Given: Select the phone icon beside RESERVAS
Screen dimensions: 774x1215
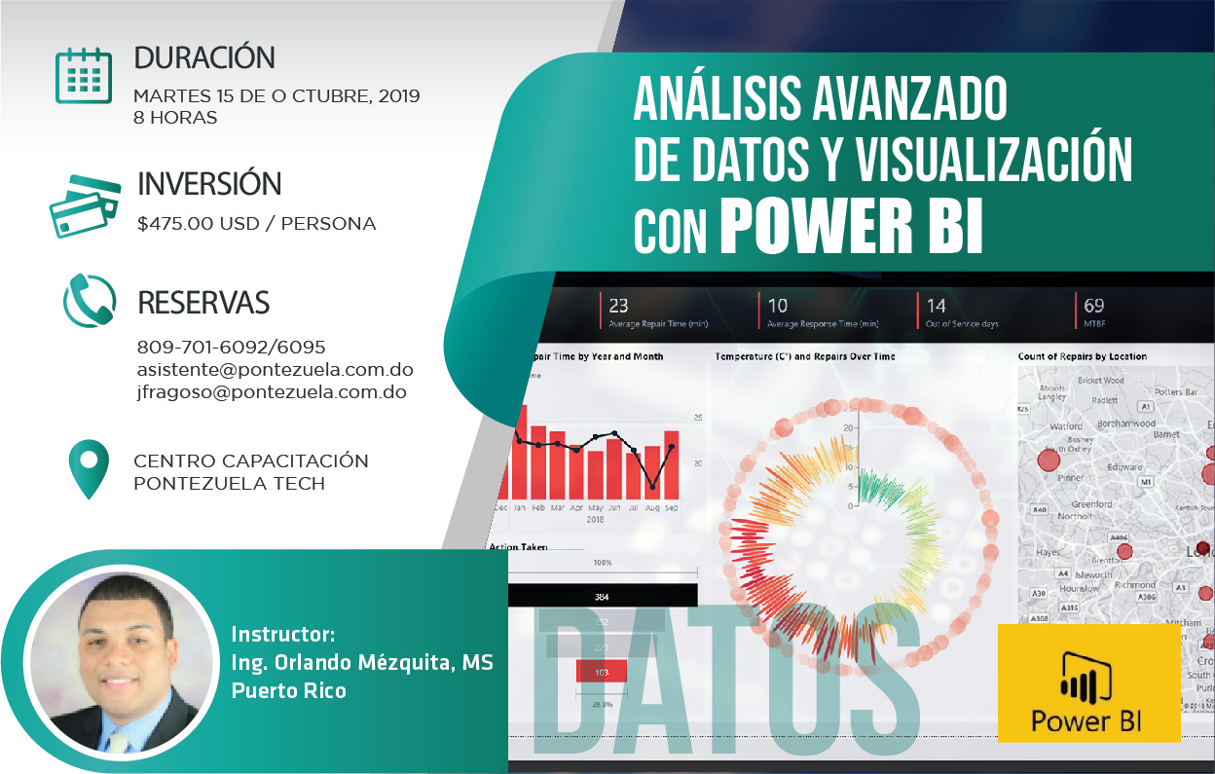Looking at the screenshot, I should [x=90, y=301].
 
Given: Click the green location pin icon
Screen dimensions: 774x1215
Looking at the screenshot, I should [x=90, y=469].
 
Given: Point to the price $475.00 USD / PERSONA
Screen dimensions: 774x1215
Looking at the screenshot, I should [x=257, y=224].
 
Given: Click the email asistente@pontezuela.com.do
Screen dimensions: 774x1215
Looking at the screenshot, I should [x=276, y=370].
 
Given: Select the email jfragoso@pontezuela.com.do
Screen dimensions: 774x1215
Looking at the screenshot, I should [x=272, y=392].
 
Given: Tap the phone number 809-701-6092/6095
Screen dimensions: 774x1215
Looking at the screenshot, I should [x=232, y=348].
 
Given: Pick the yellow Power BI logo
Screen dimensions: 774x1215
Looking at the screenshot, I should [x=1087, y=683].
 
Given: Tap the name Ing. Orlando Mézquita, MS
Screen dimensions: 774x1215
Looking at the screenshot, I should [x=362, y=663].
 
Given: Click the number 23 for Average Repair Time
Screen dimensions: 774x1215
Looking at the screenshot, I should [x=618, y=306].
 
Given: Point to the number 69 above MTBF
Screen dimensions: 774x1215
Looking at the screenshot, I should [x=1094, y=306].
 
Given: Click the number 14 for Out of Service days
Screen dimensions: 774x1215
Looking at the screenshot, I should [x=936, y=306].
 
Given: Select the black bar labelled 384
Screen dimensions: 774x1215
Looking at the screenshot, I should [x=602, y=596].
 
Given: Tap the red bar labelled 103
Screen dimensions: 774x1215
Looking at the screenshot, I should [x=601, y=672].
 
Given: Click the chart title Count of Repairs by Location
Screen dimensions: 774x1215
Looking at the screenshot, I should [x=1082, y=356].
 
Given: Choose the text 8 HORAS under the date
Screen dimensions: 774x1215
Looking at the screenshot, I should [x=175, y=118].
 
